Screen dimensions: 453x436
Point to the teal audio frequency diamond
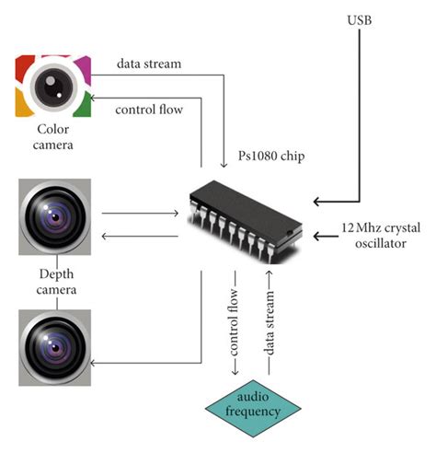tap(247, 404)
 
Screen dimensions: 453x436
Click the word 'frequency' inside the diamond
tap(247, 412)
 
